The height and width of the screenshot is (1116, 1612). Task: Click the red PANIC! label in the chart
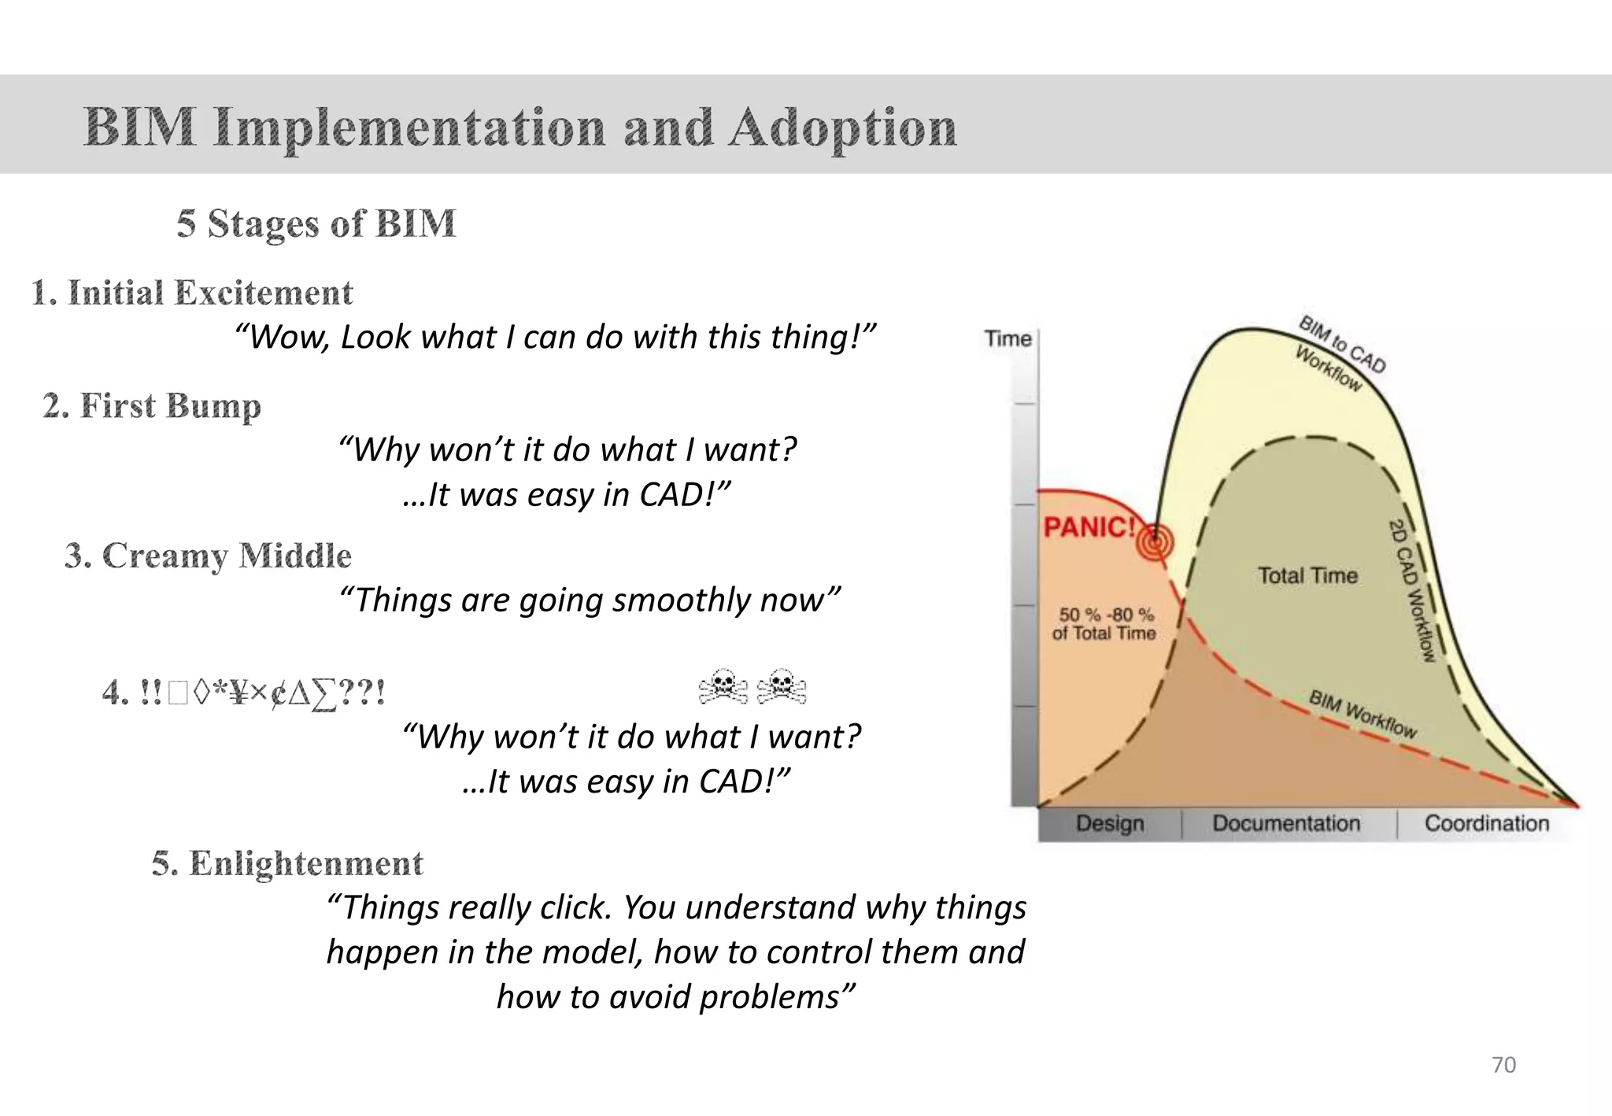(1089, 527)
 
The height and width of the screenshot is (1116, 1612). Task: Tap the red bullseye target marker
(1155, 542)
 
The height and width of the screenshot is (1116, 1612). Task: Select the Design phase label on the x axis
(1110, 823)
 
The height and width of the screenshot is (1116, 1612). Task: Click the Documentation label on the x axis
(1286, 823)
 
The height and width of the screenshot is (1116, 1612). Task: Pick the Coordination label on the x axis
(1486, 823)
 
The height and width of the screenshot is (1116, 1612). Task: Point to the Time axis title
(1007, 338)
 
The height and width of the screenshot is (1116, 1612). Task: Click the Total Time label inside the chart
(1307, 575)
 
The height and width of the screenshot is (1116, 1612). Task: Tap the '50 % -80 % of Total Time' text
(1104, 623)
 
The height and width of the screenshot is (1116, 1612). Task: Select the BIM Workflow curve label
(1362, 714)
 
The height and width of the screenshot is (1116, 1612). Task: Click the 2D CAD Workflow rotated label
(1412, 589)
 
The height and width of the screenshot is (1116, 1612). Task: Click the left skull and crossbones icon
(723, 686)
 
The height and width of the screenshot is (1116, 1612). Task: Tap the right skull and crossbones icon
(781, 686)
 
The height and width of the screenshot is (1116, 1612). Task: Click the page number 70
(1503, 1065)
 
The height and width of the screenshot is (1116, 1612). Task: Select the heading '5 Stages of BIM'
(316, 224)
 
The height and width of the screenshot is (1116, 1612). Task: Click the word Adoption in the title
(842, 127)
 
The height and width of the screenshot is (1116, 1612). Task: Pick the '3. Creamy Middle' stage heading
(208, 556)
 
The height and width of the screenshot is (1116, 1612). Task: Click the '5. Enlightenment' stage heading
(287, 863)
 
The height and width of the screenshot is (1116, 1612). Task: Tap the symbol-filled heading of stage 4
(244, 693)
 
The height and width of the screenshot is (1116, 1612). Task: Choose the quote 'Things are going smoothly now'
(590, 600)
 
